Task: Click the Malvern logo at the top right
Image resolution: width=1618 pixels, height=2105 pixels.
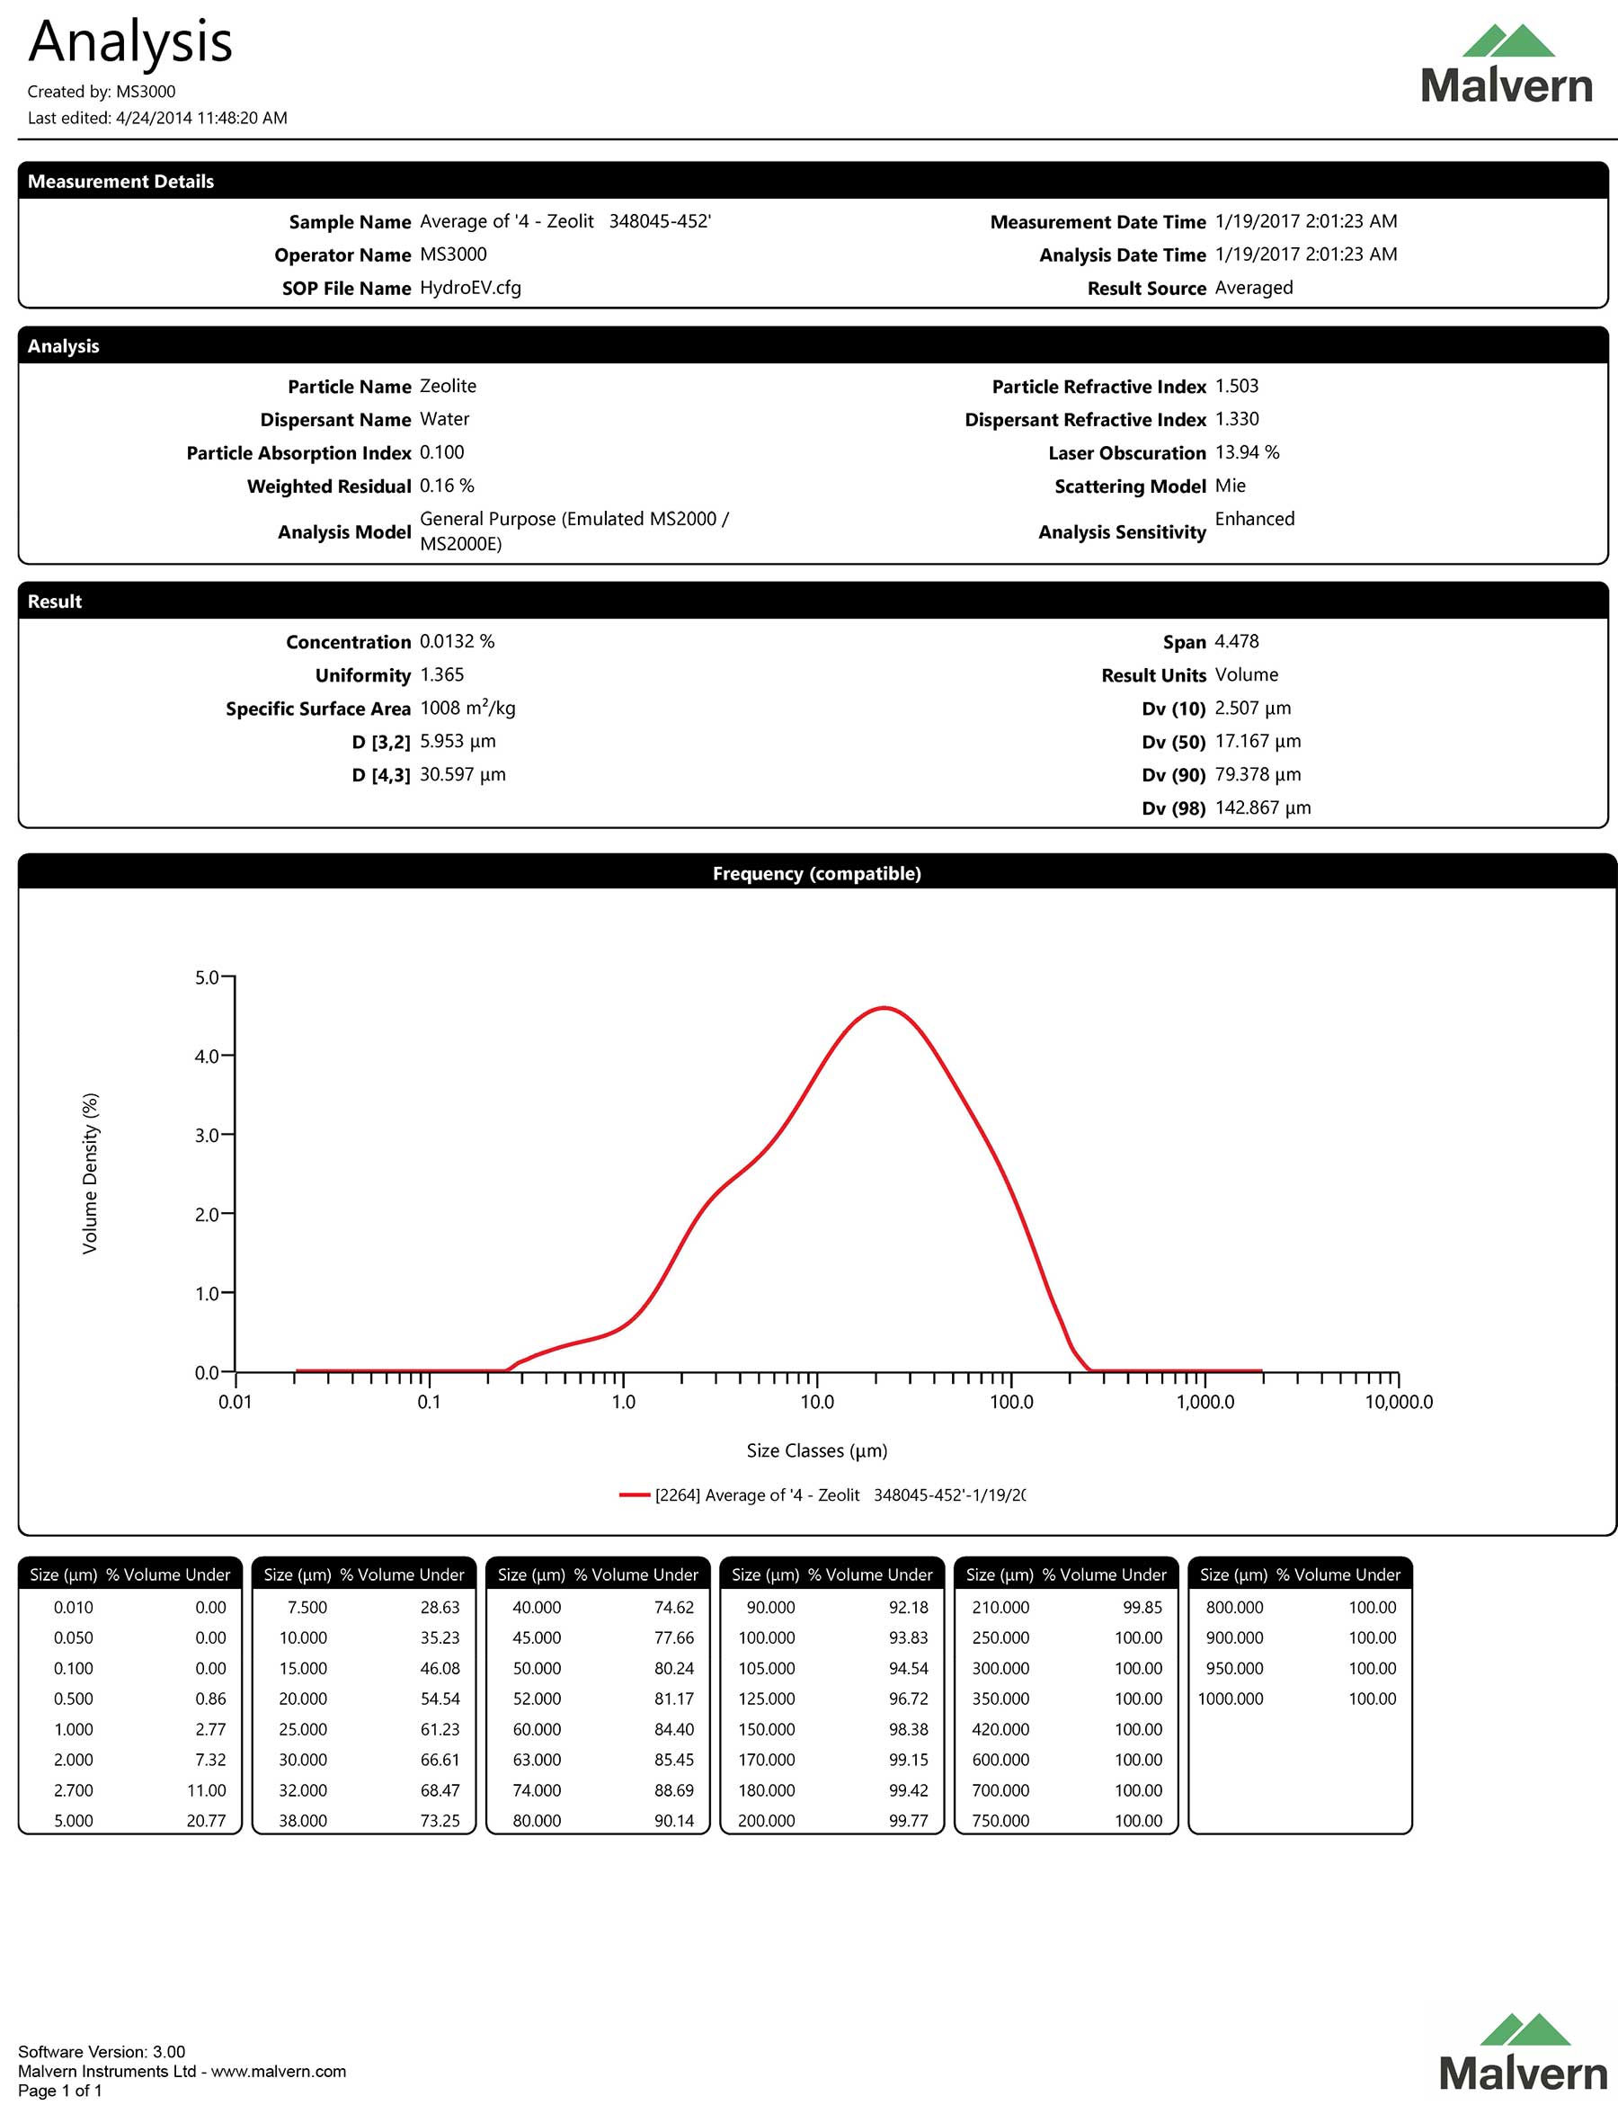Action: coord(1507,66)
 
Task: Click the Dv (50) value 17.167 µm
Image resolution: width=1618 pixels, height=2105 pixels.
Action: coord(1257,741)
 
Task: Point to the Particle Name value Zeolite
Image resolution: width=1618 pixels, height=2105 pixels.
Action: coord(448,387)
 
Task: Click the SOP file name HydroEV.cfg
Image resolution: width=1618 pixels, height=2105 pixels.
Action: coord(470,288)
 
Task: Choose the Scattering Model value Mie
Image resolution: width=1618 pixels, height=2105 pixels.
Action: coord(1230,486)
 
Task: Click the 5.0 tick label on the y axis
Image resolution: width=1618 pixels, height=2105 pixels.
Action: coord(206,977)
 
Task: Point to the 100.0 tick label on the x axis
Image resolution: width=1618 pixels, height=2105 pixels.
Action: coord(1011,1402)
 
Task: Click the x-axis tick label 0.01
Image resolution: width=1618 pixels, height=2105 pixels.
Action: coord(235,1402)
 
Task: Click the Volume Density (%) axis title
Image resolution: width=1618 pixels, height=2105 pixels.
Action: coord(91,1173)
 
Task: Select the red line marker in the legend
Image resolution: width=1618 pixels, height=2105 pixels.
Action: coord(634,1495)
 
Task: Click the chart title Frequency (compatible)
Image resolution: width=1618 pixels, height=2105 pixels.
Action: coord(817,874)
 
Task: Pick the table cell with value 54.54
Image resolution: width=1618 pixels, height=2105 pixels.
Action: coord(440,1699)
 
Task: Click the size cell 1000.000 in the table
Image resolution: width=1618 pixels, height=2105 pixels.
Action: coord(1230,1699)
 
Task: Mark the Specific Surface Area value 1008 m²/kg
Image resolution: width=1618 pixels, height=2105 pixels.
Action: coord(467,708)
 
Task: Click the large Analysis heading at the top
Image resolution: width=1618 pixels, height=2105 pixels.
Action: coord(131,42)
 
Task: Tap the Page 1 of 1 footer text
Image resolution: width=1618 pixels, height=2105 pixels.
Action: coord(59,2090)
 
